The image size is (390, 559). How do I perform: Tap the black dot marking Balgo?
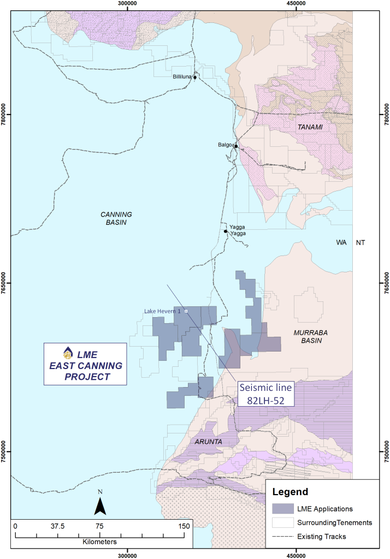(x=236, y=146)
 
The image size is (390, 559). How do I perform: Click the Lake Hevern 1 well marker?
(x=186, y=311)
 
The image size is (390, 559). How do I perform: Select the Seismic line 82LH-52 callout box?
(x=266, y=394)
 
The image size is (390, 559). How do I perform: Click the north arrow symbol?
(x=100, y=504)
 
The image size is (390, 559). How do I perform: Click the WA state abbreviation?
(x=342, y=242)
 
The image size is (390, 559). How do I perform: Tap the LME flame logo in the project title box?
(x=68, y=352)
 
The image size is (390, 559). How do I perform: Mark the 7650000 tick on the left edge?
(x=4, y=283)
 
